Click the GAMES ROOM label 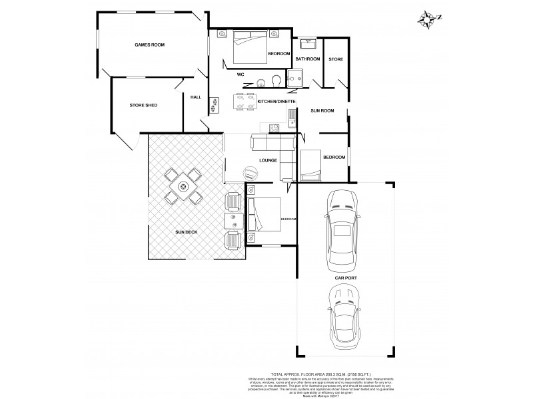coord(149,45)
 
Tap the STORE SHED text coord(143,105)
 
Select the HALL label coord(196,97)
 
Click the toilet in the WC coord(276,82)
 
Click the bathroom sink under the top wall coord(308,45)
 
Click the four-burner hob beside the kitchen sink coord(272,128)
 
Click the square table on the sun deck coord(183,188)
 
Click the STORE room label coord(335,60)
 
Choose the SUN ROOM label coord(322,110)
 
